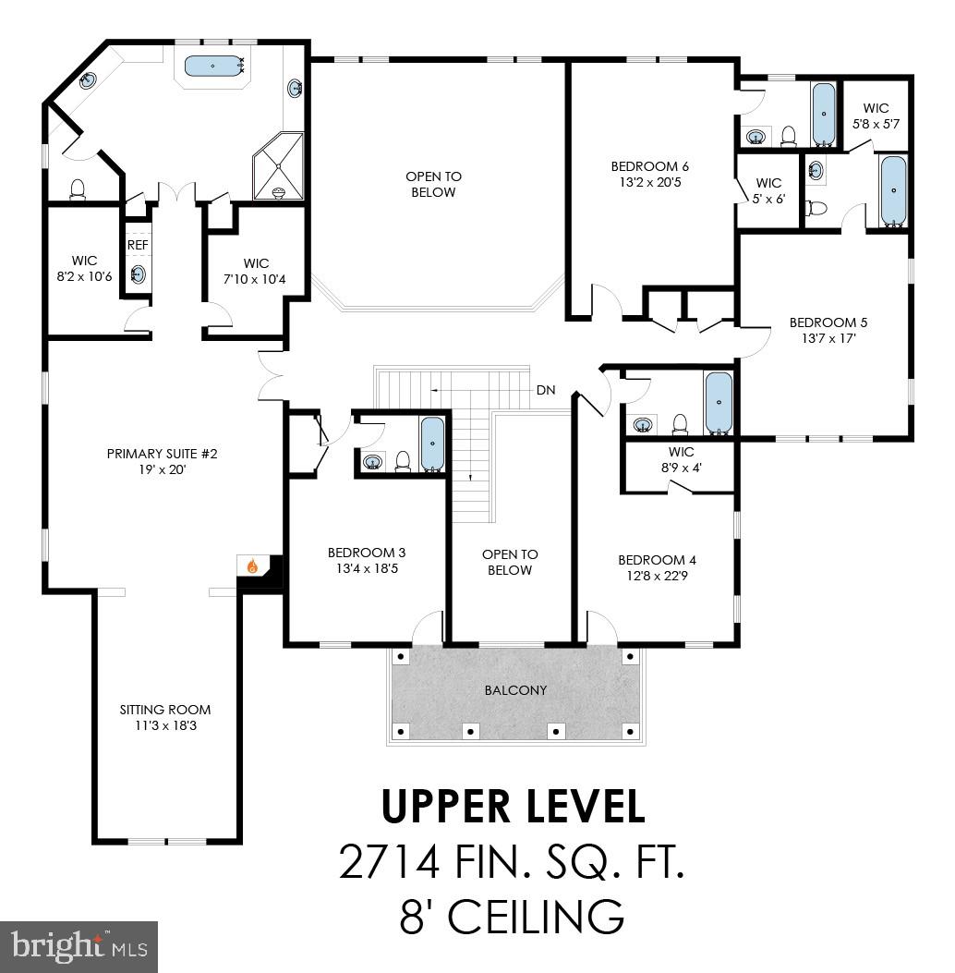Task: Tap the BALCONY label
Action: pyautogui.click(x=515, y=690)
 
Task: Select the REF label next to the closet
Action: pyautogui.click(x=138, y=245)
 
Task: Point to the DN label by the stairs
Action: pyautogui.click(x=546, y=390)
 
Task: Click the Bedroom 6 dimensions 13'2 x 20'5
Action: pyautogui.click(x=650, y=182)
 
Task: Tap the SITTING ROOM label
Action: pyautogui.click(x=165, y=710)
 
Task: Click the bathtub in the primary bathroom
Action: pyautogui.click(x=213, y=66)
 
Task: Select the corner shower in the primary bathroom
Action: pyautogui.click(x=278, y=166)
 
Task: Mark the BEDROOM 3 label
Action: pyautogui.click(x=367, y=553)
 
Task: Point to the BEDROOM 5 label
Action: pyautogui.click(x=828, y=322)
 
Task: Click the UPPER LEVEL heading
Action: pyautogui.click(x=514, y=806)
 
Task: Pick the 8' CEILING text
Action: pyautogui.click(x=512, y=918)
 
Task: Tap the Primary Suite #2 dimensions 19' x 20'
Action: pyautogui.click(x=162, y=469)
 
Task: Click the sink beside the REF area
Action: pyautogui.click(x=138, y=274)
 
